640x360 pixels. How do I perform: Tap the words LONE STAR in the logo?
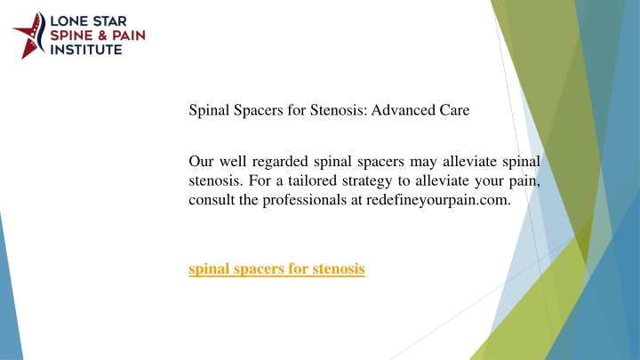point(88,21)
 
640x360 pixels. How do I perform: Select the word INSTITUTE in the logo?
point(86,50)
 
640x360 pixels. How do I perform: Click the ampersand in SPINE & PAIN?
point(102,36)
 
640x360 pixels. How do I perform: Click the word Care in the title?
point(454,110)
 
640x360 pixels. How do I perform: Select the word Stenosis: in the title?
point(339,110)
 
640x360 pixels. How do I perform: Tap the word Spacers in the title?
point(258,110)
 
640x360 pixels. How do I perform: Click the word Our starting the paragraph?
point(201,161)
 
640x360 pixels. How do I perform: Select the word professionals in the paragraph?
point(304,200)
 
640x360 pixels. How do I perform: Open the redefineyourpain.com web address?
point(438,200)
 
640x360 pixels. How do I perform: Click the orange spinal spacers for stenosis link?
point(276,268)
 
